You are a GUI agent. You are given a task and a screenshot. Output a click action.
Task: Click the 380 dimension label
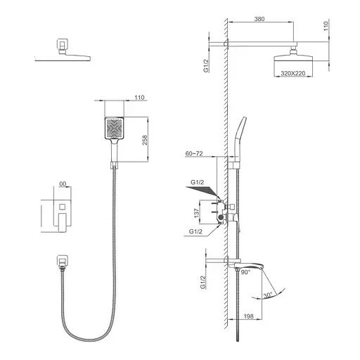[259, 19]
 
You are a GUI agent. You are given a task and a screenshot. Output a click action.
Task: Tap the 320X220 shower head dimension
[293, 73]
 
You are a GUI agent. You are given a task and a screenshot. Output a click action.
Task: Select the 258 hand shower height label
[145, 140]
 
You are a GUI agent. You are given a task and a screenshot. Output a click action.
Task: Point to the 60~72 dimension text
[194, 153]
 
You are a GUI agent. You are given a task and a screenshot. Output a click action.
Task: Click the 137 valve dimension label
[197, 213]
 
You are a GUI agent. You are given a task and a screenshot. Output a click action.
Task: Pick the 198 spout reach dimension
[248, 316]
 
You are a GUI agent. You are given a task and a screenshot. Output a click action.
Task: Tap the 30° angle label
[268, 295]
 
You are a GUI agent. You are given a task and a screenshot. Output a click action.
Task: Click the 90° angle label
[245, 272]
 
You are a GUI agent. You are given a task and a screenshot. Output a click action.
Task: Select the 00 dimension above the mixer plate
[63, 184]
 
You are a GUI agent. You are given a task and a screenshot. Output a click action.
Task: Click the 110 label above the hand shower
[139, 97]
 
